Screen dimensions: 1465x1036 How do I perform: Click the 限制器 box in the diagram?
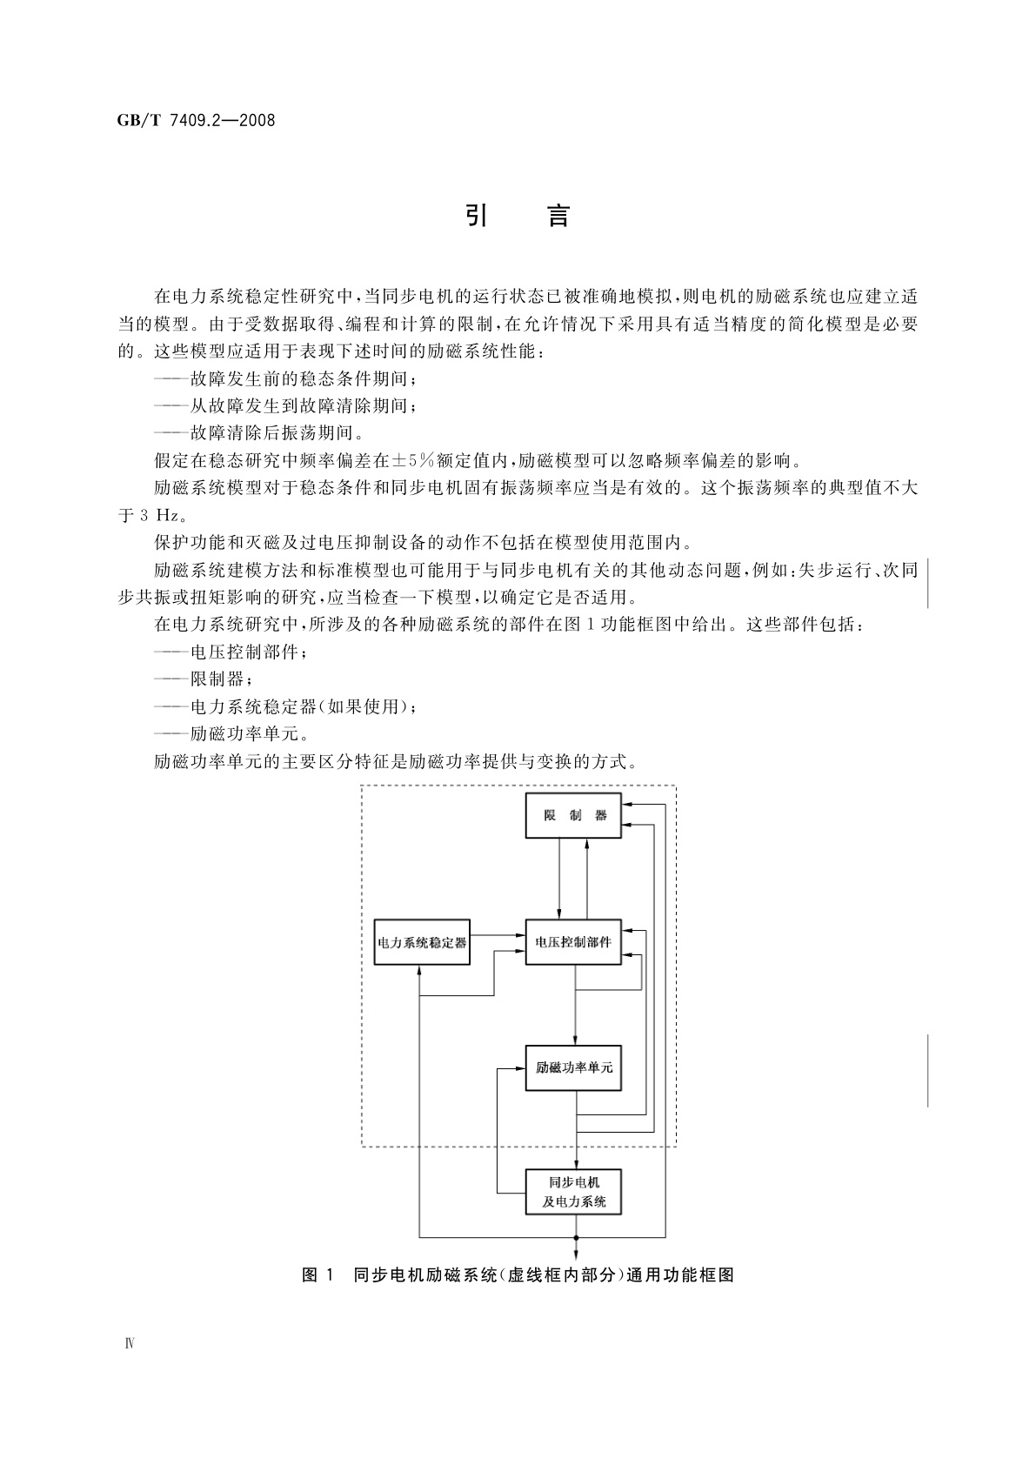tap(573, 816)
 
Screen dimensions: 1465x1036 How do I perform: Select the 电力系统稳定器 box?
tap(422, 942)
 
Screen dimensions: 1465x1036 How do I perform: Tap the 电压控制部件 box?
tap(573, 942)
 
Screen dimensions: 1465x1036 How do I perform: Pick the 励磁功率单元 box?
tap(573, 1067)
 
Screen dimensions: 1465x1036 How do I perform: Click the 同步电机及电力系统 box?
tap(573, 1193)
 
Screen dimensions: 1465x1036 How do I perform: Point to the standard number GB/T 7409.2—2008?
tap(196, 121)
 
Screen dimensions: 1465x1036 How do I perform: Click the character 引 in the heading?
tap(476, 216)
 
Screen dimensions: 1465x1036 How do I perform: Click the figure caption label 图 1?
tap(317, 1275)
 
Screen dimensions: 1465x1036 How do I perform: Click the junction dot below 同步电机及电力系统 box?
tap(576, 1237)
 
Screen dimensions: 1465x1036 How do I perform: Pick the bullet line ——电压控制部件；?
tap(230, 652)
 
